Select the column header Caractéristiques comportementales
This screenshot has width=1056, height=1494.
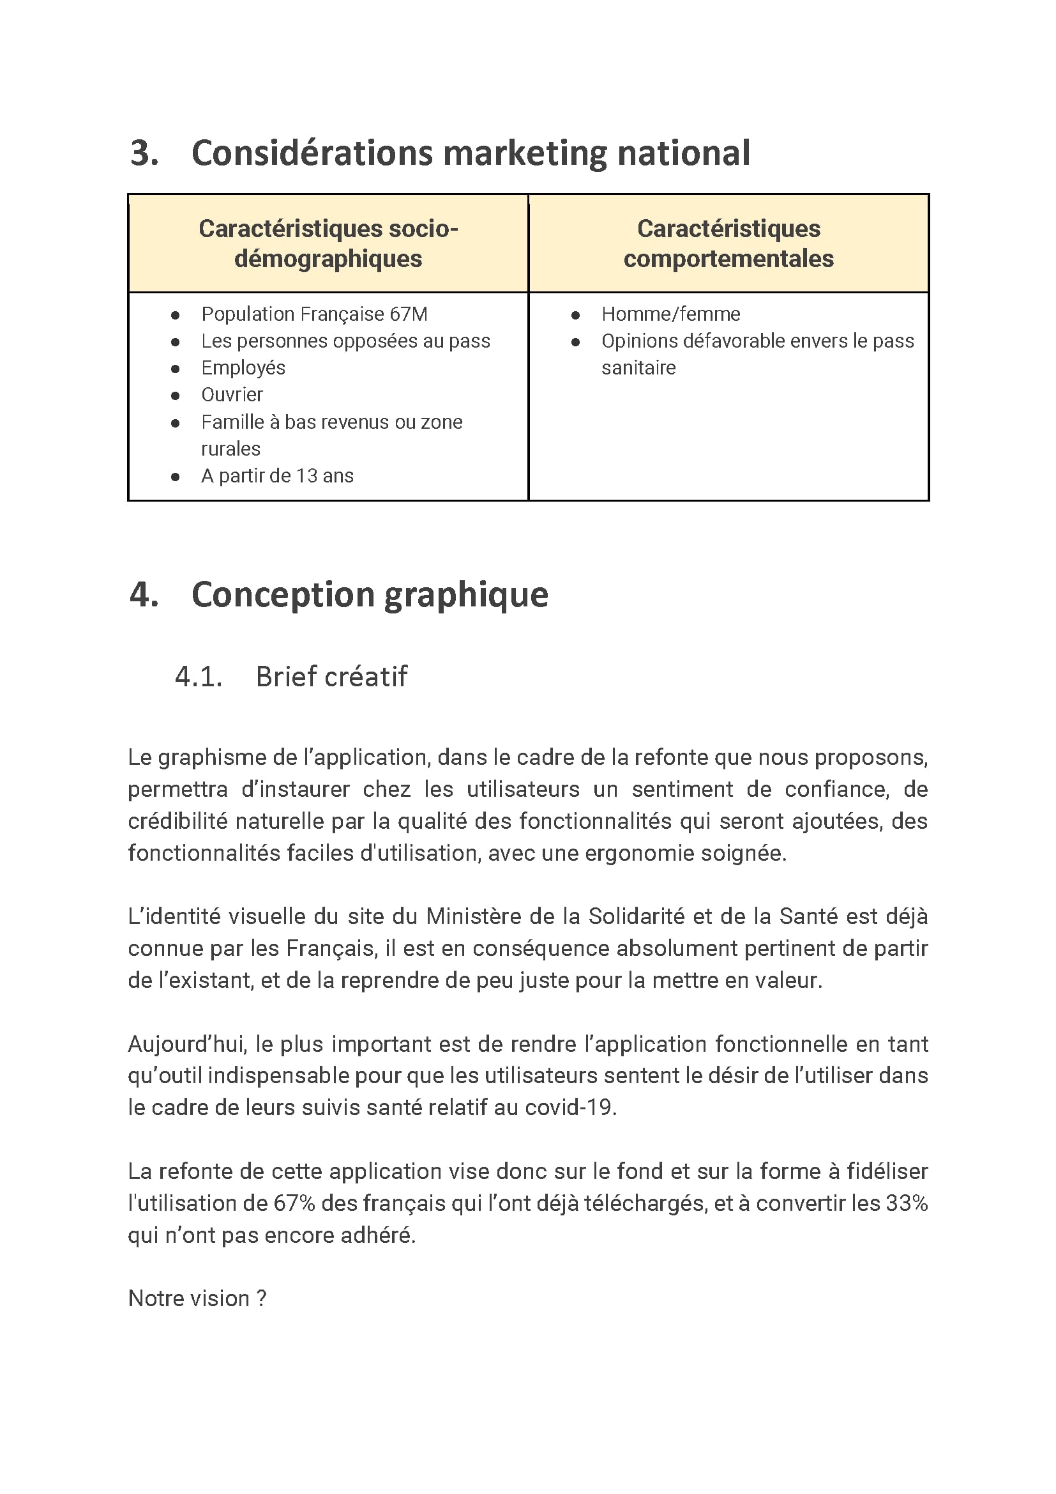click(x=728, y=243)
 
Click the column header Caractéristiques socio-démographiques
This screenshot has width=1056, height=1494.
click(x=328, y=243)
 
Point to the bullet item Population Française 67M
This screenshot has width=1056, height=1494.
click(x=314, y=314)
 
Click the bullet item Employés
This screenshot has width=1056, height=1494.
click(x=243, y=367)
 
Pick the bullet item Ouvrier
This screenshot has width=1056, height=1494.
click(x=232, y=394)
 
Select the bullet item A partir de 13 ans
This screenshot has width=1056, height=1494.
click(x=277, y=475)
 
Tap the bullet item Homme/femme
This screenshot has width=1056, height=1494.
click(x=670, y=314)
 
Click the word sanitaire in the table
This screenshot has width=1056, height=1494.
click(x=638, y=367)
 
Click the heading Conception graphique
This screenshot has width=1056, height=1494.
click(x=369, y=595)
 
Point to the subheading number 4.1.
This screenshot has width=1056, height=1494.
click(x=199, y=677)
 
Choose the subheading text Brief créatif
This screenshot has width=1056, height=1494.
click(x=331, y=677)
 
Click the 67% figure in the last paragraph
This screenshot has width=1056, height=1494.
click(x=294, y=1203)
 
